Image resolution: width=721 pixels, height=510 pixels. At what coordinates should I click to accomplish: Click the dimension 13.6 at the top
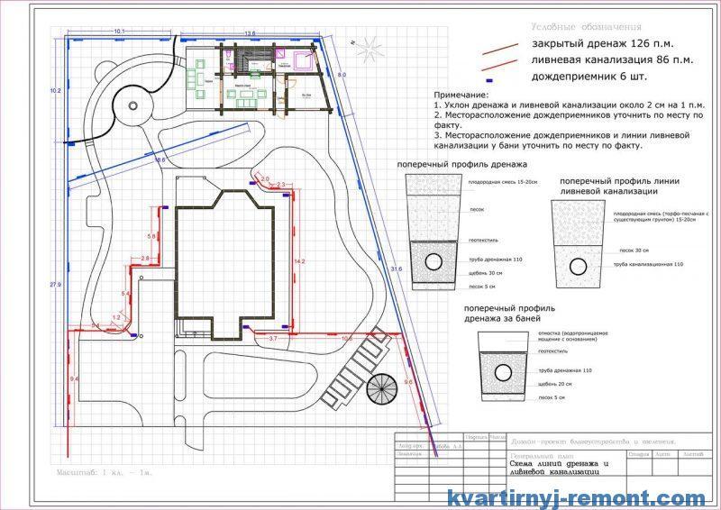click(250, 33)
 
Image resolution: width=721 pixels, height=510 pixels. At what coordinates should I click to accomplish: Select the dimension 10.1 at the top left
click(119, 32)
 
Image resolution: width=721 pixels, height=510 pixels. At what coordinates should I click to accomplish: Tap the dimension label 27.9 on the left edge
click(55, 285)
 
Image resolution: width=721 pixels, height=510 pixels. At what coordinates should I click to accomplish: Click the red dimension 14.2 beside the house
click(300, 261)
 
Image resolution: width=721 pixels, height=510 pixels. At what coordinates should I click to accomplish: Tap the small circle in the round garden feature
click(134, 106)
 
